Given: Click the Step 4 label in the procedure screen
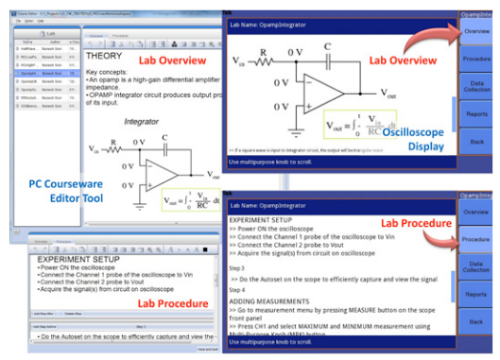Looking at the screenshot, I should click(239, 292).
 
